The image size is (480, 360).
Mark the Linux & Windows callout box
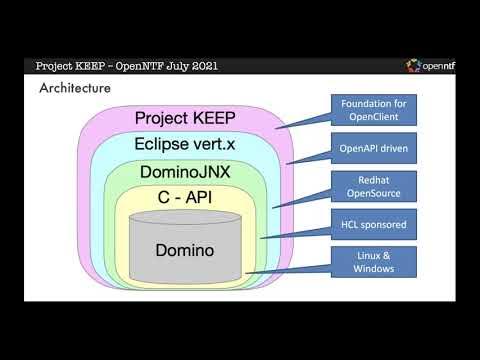click(374, 261)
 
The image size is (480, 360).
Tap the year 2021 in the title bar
click(201, 67)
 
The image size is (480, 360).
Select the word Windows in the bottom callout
click(374, 268)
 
